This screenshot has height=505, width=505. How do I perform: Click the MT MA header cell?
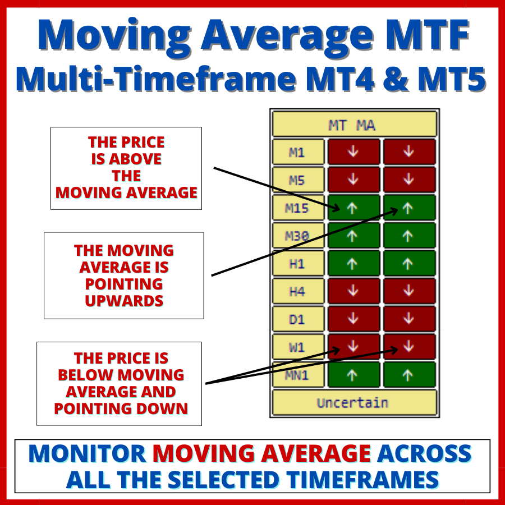point(355,125)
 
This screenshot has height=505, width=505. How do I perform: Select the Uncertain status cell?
point(355,402)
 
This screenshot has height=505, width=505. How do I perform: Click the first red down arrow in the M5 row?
point(353,179)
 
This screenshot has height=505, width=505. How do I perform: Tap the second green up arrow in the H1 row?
point(408,264)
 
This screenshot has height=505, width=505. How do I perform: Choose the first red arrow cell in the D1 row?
point(354,319)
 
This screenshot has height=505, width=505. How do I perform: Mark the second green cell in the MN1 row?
point(410,375)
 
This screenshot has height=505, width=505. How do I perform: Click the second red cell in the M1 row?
point(410,151)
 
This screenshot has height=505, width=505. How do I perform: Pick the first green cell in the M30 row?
point(354,236)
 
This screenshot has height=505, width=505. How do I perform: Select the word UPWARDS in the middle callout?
point(124,301)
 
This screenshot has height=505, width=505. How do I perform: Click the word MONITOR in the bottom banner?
point(87,453)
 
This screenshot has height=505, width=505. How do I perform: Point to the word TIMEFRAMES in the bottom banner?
point(362,480)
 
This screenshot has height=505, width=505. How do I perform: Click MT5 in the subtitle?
point(452,79)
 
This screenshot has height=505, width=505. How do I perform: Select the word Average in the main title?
point(288,35)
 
